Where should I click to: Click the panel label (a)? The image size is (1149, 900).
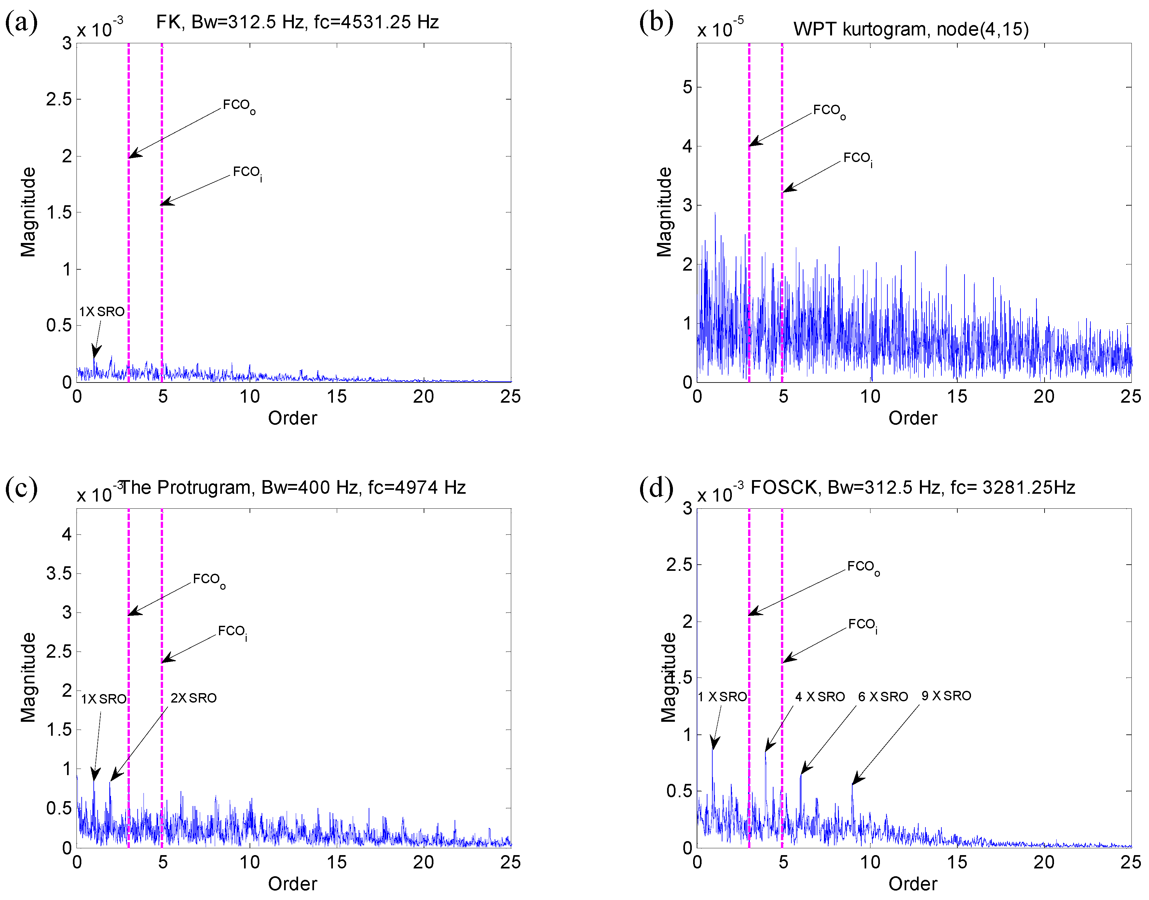21,23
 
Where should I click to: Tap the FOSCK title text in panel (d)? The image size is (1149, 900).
912,488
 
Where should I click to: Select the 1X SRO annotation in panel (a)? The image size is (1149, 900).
102,311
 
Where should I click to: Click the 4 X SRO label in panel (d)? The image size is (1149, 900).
820,697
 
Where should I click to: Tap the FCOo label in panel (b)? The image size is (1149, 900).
829,111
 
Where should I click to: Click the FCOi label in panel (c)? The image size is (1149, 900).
232,631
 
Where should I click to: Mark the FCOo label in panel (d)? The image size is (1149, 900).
863,567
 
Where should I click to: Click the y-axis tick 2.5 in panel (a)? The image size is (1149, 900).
59,99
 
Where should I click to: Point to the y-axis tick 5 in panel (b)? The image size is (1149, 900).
687,87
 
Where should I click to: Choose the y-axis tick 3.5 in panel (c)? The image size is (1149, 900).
59,573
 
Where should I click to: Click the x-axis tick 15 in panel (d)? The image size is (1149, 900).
957,862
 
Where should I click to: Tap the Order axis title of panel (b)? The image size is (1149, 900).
912,418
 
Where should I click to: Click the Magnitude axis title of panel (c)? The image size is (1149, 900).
28,677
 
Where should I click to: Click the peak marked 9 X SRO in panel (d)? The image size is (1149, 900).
852,785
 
